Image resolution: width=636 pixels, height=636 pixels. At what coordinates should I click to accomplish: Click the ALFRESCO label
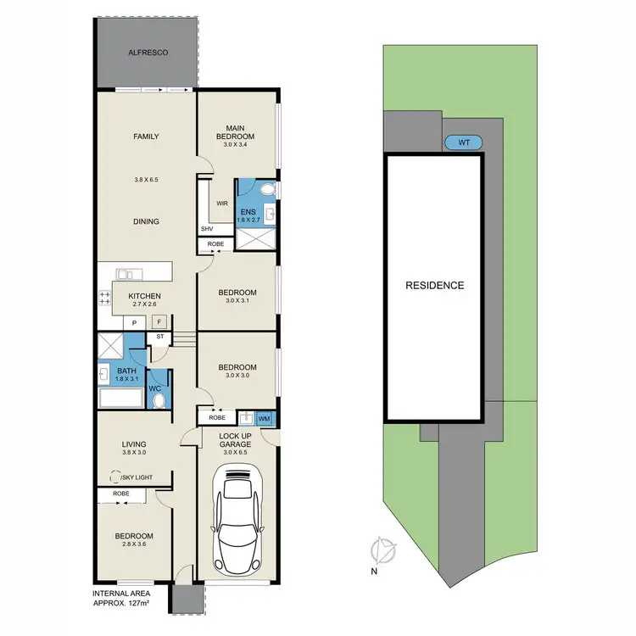click(148, 53)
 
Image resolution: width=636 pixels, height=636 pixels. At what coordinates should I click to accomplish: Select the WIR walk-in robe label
click(221, 204)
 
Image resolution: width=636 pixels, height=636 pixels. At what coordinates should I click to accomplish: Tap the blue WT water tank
click(464, 142)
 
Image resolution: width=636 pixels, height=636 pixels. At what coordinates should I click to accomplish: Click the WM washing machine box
click(265, 417)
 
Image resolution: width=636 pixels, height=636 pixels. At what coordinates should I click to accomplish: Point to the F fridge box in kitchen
click(157, 322)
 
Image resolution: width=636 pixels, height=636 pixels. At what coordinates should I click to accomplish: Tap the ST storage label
click(159, 337)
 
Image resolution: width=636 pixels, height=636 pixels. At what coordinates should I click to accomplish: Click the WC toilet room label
click(156, 388)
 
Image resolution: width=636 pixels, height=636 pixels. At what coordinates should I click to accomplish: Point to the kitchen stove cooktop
click(106, 298)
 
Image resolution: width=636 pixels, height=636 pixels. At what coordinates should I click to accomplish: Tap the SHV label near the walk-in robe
click(208, 229)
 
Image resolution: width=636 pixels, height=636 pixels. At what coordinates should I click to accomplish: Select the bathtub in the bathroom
click(119, 399)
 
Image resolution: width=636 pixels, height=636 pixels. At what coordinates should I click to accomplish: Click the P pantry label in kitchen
click(133, 323)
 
